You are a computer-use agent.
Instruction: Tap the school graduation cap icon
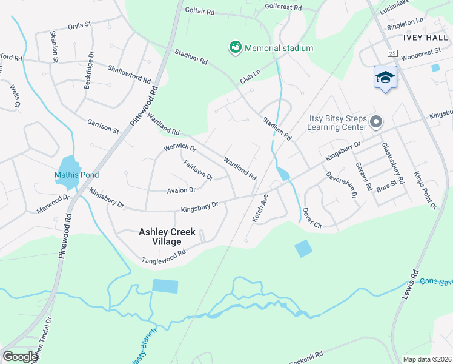[385, 77]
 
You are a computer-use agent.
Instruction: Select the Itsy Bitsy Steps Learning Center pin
[375, 123]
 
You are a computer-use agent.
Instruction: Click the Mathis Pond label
[76, 175]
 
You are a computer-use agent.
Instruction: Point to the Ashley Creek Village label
[169, 237]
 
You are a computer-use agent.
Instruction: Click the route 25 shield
[393, 54]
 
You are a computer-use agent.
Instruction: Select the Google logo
[21, 356]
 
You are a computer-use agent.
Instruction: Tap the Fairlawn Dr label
[198, 169]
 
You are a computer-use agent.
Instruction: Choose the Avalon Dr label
[181, 190]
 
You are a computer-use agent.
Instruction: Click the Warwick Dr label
[180, 148]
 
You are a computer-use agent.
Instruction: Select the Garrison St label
[103, 126]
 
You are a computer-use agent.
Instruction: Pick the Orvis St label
[79, 25]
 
